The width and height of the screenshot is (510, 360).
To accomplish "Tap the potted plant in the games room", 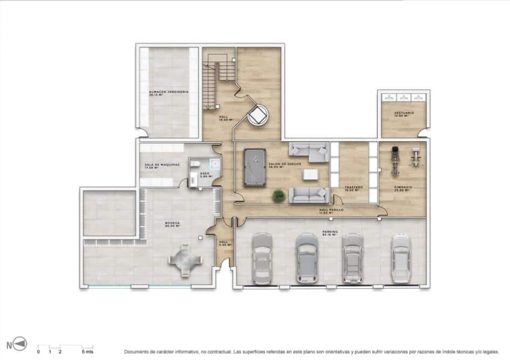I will point(279,196).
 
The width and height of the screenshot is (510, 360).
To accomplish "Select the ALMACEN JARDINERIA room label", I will point(168,93).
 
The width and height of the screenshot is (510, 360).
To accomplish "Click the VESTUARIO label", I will point(404,114).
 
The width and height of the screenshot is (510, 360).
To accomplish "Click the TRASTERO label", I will point(353,188).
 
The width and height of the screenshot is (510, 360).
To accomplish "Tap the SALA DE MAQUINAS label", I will point(158,165).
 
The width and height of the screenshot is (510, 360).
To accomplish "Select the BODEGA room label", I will point(173,223).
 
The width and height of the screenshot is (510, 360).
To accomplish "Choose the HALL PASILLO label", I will point(332,210).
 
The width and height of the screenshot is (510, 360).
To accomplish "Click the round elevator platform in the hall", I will point(258,114).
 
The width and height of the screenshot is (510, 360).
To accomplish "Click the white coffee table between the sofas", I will point(310,174).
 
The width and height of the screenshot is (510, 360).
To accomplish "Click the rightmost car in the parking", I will point(401,257).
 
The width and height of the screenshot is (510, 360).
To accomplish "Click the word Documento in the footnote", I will point(139,351).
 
